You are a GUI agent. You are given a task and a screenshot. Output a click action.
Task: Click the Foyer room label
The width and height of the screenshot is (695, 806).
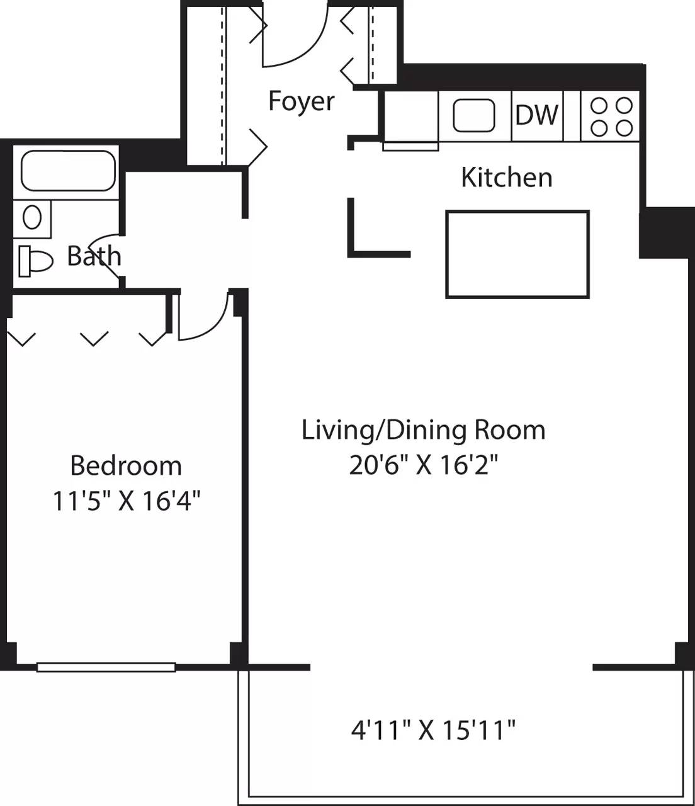(x=301, y=101)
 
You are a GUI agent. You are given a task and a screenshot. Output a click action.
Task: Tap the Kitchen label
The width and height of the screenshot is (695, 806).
(x=506, y=178)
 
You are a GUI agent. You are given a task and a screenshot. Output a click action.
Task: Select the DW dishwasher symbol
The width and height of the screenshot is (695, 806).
(x=536, y=115)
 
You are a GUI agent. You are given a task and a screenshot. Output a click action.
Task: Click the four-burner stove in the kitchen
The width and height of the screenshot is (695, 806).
(x=611, y=116)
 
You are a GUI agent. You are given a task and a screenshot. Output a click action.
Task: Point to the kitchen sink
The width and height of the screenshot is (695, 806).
(x=474, y=116)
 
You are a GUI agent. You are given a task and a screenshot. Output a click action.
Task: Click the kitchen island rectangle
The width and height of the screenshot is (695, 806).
(x=517, y=254)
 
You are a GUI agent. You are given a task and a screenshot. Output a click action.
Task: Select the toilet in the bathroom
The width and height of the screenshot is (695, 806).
(x=35, y=259)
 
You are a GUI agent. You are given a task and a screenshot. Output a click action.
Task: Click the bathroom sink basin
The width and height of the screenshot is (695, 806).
(x=32, y=218)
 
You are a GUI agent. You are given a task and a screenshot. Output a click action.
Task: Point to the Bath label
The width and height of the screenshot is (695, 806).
(x=94, y=256)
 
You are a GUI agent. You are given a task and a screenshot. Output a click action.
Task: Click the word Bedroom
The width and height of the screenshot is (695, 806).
(x=126, y=466)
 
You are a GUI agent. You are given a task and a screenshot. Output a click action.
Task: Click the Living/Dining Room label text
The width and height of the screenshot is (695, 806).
(x=423, y=430)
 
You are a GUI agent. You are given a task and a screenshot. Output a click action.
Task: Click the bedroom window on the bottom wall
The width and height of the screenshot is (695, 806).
(x=106, y=667)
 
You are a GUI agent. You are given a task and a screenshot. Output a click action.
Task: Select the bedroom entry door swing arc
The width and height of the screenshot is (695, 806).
(x=205, y=318)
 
